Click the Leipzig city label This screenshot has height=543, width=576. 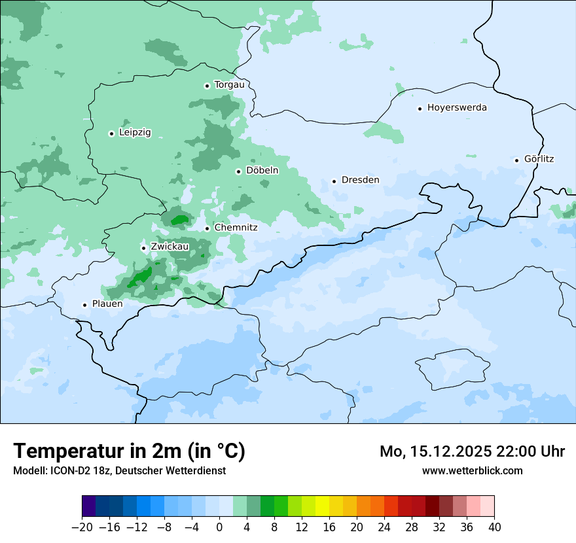(135, 133)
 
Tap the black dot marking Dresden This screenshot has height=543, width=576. (334, 181)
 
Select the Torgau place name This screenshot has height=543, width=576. (229, 85)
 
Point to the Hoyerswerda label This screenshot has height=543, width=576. (457, 108)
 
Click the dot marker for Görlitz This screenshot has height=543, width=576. (516, 160)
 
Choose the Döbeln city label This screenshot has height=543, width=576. (262, 171)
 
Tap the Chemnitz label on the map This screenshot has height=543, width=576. (236, 228)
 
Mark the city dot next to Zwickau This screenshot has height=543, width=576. (143, 248)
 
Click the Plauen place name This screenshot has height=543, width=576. (107, 304)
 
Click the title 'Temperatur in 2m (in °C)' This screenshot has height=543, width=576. (129, 451)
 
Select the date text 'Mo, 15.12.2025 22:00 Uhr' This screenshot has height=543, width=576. (472, 451)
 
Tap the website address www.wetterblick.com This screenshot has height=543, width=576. (472, 470)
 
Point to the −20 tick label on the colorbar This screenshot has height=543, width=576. (82, 527)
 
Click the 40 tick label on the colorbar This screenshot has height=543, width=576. (494, 527)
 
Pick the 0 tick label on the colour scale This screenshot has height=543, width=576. (219, 527)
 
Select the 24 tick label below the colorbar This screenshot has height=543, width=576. (384, 527)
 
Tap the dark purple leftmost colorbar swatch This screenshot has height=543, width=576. (89, 506)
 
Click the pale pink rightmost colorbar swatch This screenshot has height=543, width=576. (487, 506)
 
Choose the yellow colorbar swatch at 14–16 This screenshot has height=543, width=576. (322, 506)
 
